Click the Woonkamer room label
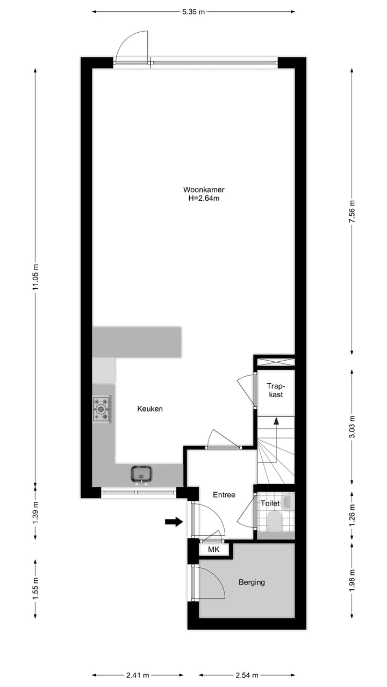(204, 189)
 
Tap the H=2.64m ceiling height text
(204, 198)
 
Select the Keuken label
(150, 409)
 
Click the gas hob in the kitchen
(102, 409)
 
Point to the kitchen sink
(141, 474)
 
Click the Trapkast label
(276, 390)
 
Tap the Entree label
(224, 495)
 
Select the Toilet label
(269, 504)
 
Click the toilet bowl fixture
(275, 521)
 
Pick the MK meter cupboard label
(214, 550)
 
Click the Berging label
(252, 582)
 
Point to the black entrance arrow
(174, 522)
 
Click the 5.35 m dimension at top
(193, 11)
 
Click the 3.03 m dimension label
(352, 427)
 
